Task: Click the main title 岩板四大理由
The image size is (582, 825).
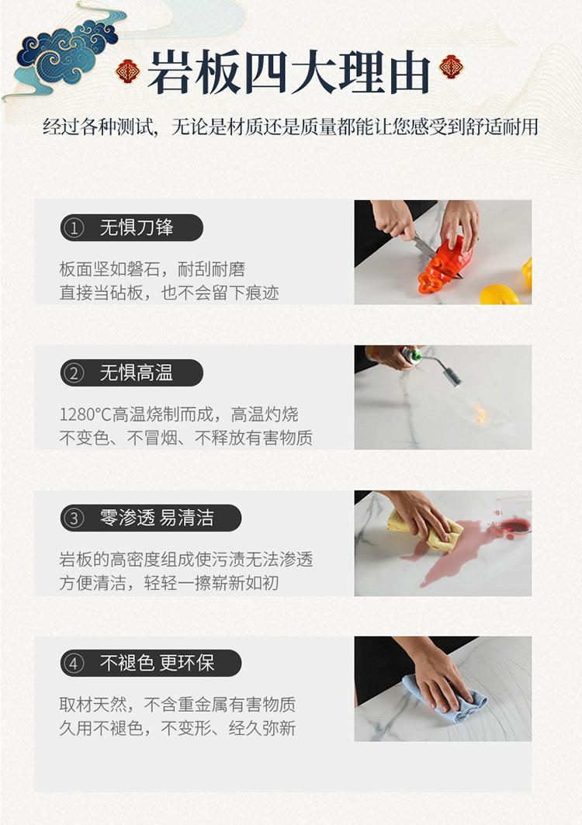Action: click(289, 73)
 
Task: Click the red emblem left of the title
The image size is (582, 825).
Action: click(128, 71)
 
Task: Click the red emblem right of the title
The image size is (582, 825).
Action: click(450, 67)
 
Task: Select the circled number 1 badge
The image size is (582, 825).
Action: click(74, 228)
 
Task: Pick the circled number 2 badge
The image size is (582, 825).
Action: click(74, 373)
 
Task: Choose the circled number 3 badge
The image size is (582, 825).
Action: click(74, 518)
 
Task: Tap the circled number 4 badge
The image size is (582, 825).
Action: click(74, 664)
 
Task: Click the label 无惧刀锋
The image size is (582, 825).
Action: click(137, 227)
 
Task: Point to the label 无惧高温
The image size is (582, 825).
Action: click(137, 373)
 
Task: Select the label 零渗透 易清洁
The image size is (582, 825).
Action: click(157, 518)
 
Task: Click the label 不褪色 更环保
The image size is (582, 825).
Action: click(157, 664)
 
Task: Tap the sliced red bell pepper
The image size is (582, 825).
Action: click(442, 265)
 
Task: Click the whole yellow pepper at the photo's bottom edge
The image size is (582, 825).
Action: click(499, 294)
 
